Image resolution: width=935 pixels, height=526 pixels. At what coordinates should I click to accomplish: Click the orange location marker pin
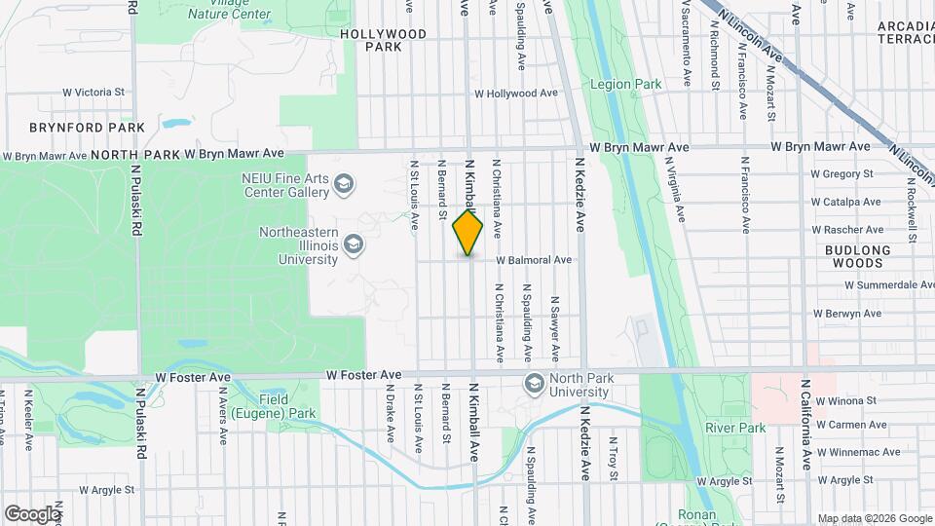[x=467, y=233]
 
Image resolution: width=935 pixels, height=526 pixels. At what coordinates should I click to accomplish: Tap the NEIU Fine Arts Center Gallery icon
[x=343, y=183]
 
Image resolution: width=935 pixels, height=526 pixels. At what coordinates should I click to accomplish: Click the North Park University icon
[x=534, y=384]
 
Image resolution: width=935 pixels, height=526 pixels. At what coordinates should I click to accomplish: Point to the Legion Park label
[x=625, y=85]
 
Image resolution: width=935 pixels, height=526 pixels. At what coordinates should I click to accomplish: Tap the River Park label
[x=735, y=427]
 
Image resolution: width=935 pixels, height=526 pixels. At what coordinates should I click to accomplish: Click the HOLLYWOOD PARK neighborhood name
[x=383, y=40]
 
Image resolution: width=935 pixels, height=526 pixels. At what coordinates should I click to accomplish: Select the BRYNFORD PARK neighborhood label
[x=87, y=128]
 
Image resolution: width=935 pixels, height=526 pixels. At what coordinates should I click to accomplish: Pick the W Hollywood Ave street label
[x=515, y=94]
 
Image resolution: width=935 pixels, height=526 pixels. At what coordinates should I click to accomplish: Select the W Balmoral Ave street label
[x=533, y=261]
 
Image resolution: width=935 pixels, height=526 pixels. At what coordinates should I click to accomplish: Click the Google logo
[x=32, y=513]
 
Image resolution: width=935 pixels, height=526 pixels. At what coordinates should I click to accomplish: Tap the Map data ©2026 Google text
[x=874, y=518]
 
